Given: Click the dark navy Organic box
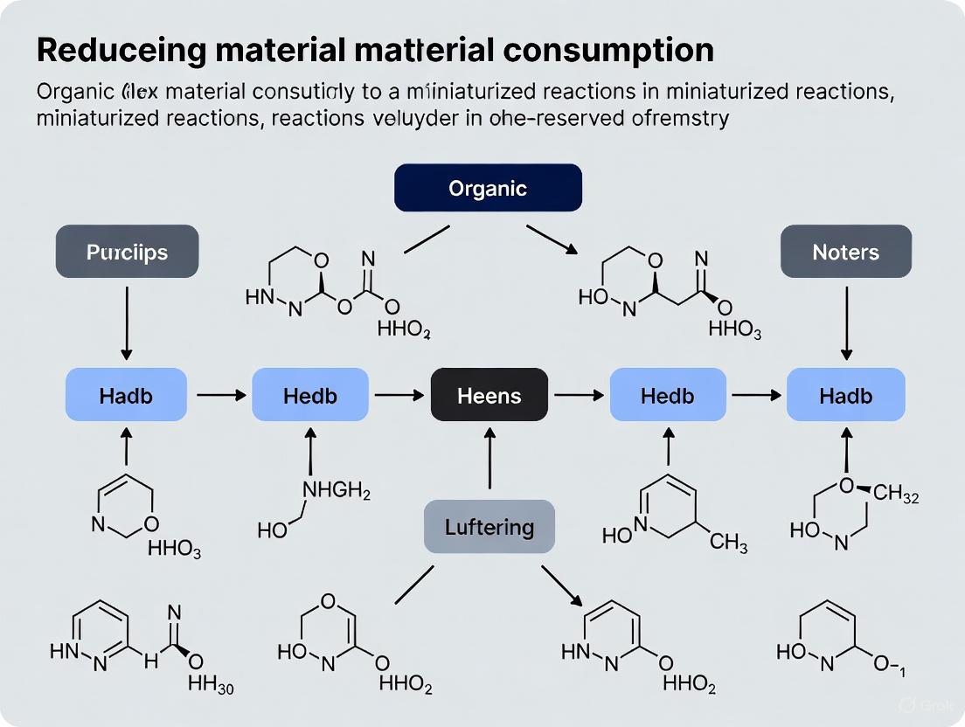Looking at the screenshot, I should click(488, 188).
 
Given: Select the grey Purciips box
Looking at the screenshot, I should click(127, 252).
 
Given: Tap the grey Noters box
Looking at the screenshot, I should click(845, 252).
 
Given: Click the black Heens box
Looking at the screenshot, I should click(489, 395).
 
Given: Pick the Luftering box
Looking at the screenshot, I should click(489, 527).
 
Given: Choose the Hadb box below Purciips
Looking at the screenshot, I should click(126, 395).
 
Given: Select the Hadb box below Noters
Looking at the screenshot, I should click(845, 395).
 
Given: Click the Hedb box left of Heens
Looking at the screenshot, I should click(310, 395).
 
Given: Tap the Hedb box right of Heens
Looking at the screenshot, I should click(667, 395).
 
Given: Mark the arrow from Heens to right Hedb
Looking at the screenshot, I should click(579, 396).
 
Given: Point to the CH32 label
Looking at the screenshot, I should click(896, 494).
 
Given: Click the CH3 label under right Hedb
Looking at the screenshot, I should click(728, 544).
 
